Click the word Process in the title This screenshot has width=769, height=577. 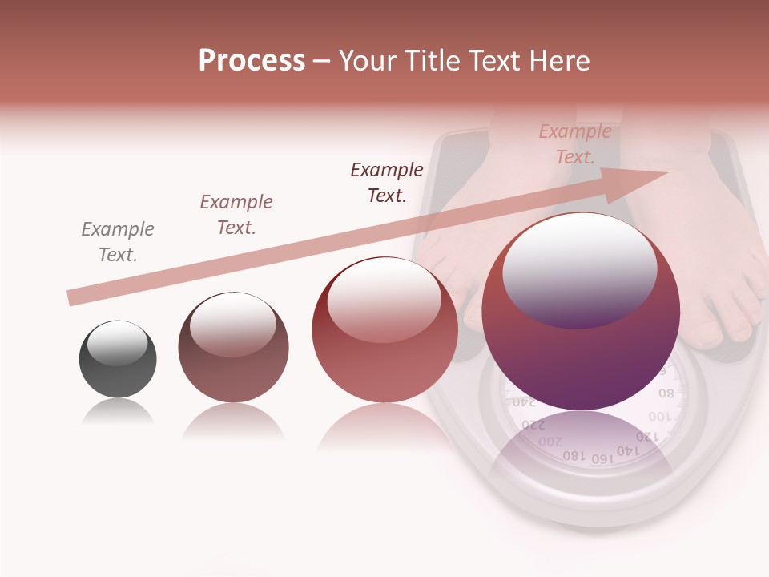coord(252,61)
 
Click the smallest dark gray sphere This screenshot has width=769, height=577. coord(118,359)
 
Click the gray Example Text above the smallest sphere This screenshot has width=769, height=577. coord(118,242)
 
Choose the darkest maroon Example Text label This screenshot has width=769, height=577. coord(387,182)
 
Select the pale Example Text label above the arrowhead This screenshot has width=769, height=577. coord(575,144)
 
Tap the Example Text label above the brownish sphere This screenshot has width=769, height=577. coord(236,214)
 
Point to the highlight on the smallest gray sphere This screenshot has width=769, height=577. coord(118,342)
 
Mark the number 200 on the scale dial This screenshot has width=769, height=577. coord(550,441)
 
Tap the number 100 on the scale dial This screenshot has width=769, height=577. coord(659,417)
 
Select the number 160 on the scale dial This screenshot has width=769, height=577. coord(602,458)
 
